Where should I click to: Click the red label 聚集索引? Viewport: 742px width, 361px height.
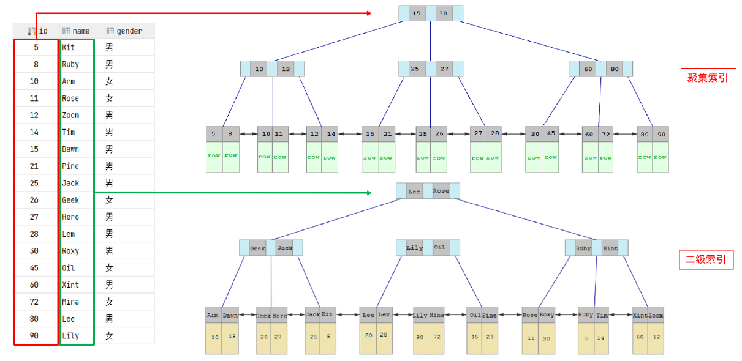pos(708,78)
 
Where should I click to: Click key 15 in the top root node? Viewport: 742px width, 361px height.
pos(417,13)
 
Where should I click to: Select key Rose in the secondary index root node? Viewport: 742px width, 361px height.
pos(441,191)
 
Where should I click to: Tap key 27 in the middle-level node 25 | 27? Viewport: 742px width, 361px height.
pos(444,69)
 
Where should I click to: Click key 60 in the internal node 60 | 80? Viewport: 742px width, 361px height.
pos(588,69)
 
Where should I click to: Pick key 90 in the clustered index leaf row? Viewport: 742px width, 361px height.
pos(661,134)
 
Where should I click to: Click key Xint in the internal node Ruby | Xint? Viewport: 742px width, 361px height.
pos(610,248)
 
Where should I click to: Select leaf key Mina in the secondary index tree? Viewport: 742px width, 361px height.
pos(437,314)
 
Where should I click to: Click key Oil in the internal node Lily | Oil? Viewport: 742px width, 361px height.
pos(439,248)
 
